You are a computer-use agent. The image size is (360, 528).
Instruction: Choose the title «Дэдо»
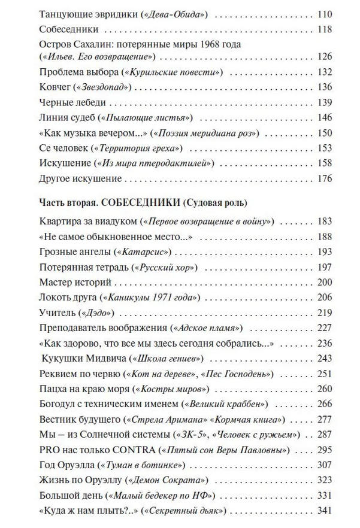coord(97,312)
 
